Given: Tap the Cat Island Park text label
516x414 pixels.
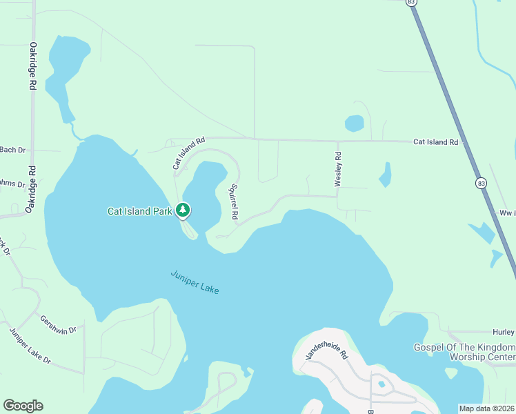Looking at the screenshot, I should tap(139, 211).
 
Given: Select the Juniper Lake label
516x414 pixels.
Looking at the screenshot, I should tap(195, 282).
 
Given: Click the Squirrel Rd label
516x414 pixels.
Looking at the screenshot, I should tap(234, 201).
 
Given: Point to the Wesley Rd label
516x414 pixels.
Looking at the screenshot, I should tap(338, 169).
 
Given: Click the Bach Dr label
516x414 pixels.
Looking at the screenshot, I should tap(12, 150).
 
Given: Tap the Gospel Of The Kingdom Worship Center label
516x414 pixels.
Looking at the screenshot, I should tap(464, 352).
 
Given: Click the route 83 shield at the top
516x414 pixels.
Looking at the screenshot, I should tap(412, 3).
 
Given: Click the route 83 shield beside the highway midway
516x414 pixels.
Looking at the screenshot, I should tap(479, 183).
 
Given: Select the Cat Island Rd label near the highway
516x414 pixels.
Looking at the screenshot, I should tap(435, 142).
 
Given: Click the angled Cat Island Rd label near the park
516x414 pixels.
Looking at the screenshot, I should tap(188, 152).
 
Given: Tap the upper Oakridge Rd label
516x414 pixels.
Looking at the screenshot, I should tap(32, 66).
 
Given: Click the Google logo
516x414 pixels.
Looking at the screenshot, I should tap(23, 406).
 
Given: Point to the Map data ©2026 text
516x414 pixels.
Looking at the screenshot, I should tap(486, 408).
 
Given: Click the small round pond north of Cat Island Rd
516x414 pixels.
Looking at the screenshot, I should tap(354, 124).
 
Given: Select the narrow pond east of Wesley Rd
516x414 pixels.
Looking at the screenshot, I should tap(385, 175).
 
